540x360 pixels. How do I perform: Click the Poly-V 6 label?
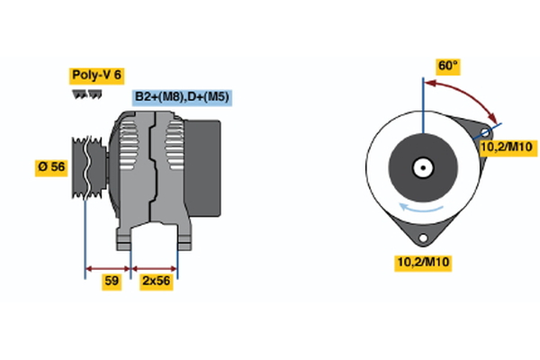[x=95, y=75]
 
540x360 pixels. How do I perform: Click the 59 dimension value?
[x=112, y=282]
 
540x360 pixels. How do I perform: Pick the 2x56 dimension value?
[x=156, y=282]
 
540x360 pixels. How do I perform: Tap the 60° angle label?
[x=447, y=66]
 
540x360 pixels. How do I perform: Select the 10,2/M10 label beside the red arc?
[x=507, y=148]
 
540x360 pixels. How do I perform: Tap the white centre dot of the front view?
[x=421, y=166]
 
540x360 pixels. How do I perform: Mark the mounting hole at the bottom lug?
[x=421, y=237]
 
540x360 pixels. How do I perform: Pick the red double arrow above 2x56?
[x=155, y=267]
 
